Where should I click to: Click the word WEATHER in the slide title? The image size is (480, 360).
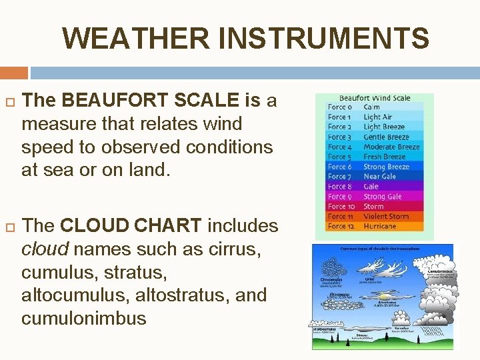[137, 39]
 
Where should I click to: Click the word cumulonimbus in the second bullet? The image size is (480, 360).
[84, 318]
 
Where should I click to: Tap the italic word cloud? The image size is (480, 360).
[44, 249]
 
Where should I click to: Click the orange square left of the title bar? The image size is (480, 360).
[14, 72]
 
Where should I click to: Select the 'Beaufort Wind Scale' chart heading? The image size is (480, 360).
[375, 98]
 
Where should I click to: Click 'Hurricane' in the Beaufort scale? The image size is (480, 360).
[379, 226]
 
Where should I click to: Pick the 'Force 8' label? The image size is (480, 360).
[340, 187]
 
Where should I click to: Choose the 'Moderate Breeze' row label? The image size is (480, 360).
[391, 147]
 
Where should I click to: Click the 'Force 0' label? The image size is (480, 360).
[340, 107]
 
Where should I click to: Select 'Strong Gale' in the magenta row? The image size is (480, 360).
[383, 197]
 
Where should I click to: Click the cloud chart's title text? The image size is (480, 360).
[382, 249]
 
